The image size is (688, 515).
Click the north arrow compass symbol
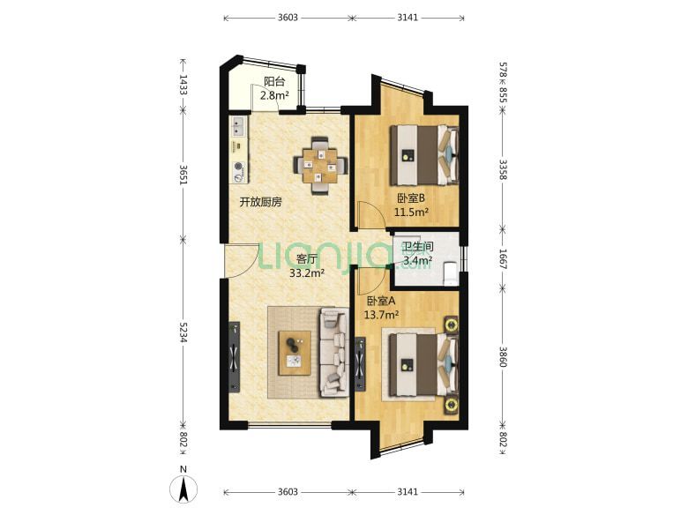point(183,489)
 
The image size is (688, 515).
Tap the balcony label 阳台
point(274,81)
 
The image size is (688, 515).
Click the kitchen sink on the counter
point(239,127)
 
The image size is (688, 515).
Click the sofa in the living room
point(335,352)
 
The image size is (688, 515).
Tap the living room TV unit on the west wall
point(235,356)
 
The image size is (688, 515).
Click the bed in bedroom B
point(424,155)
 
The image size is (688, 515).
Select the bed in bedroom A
point(424,363)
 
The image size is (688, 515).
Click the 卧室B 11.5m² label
point(411,205)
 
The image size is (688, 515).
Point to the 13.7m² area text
point(381,315)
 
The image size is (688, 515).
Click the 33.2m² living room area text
point(307,273)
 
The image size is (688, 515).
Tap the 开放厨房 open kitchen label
point(260,202)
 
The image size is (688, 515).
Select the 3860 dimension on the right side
point(503,356)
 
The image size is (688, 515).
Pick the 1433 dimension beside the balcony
point(183,85)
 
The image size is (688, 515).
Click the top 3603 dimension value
point(288,18)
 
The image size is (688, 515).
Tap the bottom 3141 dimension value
point(408,492)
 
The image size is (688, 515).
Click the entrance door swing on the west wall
point(243,260)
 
